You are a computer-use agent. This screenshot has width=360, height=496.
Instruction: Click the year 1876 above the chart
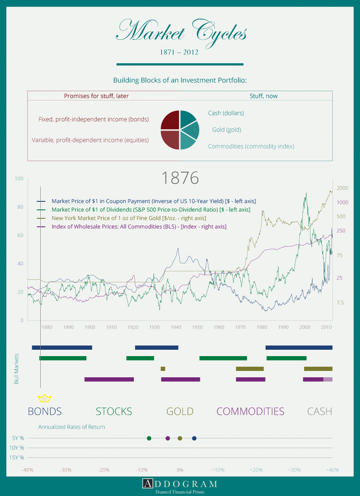(180, 178)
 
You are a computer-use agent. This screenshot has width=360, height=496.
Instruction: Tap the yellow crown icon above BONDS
(45, 398)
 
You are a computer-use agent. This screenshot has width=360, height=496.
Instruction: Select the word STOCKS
(114, 411)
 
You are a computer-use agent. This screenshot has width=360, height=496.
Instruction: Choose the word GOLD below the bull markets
(180, 411)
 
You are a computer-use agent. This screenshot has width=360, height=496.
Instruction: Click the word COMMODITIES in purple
(250, 411)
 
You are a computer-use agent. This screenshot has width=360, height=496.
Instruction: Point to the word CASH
(319, 411)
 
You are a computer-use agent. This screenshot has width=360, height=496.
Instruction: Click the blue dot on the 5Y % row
(194, 438)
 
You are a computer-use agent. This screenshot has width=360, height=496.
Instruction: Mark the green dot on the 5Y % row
(149, 438)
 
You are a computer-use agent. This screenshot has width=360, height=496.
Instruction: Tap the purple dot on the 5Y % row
(168, 438)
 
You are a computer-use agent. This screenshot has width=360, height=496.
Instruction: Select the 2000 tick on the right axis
(343, 188)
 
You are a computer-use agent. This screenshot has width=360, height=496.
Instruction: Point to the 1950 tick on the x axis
(197, 327)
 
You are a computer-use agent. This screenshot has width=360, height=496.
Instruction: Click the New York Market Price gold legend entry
(128, 218)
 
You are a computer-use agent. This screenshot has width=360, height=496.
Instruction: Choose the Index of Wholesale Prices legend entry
(139, 227)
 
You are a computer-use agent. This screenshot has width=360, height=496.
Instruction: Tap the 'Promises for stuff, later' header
(96, 96)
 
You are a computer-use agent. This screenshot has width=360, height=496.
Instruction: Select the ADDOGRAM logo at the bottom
(180, 484)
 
